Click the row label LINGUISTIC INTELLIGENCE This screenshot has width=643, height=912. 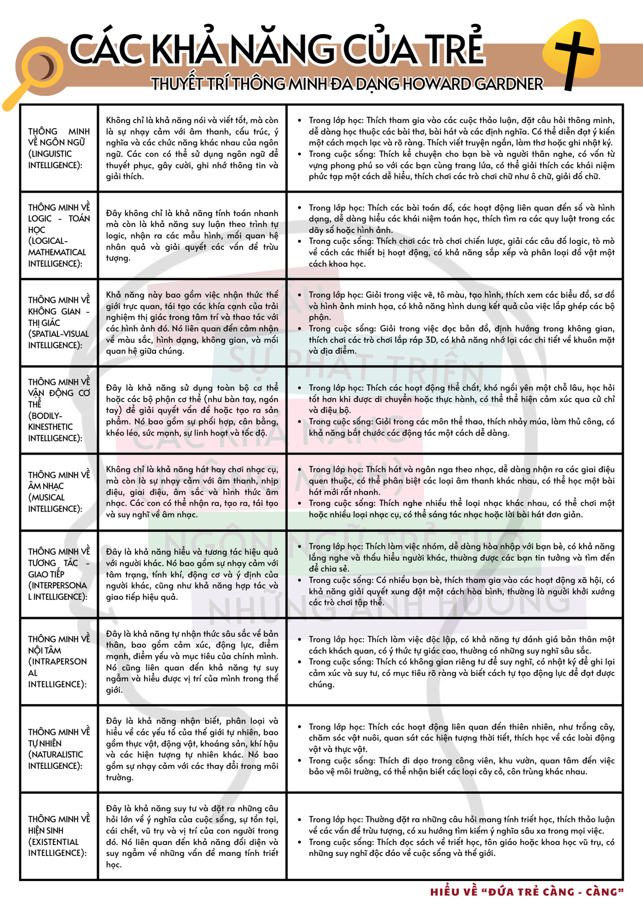click(59, 148)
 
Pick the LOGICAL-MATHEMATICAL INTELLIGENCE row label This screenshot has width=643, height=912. click(59, 235)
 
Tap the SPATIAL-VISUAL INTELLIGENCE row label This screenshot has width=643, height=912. click(59, 322)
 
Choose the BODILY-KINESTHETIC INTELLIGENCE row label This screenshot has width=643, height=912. click(59, 410)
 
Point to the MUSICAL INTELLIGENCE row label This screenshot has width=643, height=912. click(59, 492)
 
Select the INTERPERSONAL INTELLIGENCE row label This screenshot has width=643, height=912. click(59, 574)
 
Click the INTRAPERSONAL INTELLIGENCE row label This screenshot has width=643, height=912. click(59, 661)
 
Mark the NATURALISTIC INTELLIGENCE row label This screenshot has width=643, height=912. click(59, 749)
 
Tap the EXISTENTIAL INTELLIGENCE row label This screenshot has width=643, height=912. click(59, 836)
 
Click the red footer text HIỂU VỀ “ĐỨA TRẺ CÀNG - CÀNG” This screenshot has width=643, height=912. click(527, 892)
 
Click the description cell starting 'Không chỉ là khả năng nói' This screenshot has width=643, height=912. click(192, 148)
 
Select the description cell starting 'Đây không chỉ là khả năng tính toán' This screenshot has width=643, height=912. click(192, 235)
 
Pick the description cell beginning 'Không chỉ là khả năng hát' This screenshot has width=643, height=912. click(192, 492)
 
